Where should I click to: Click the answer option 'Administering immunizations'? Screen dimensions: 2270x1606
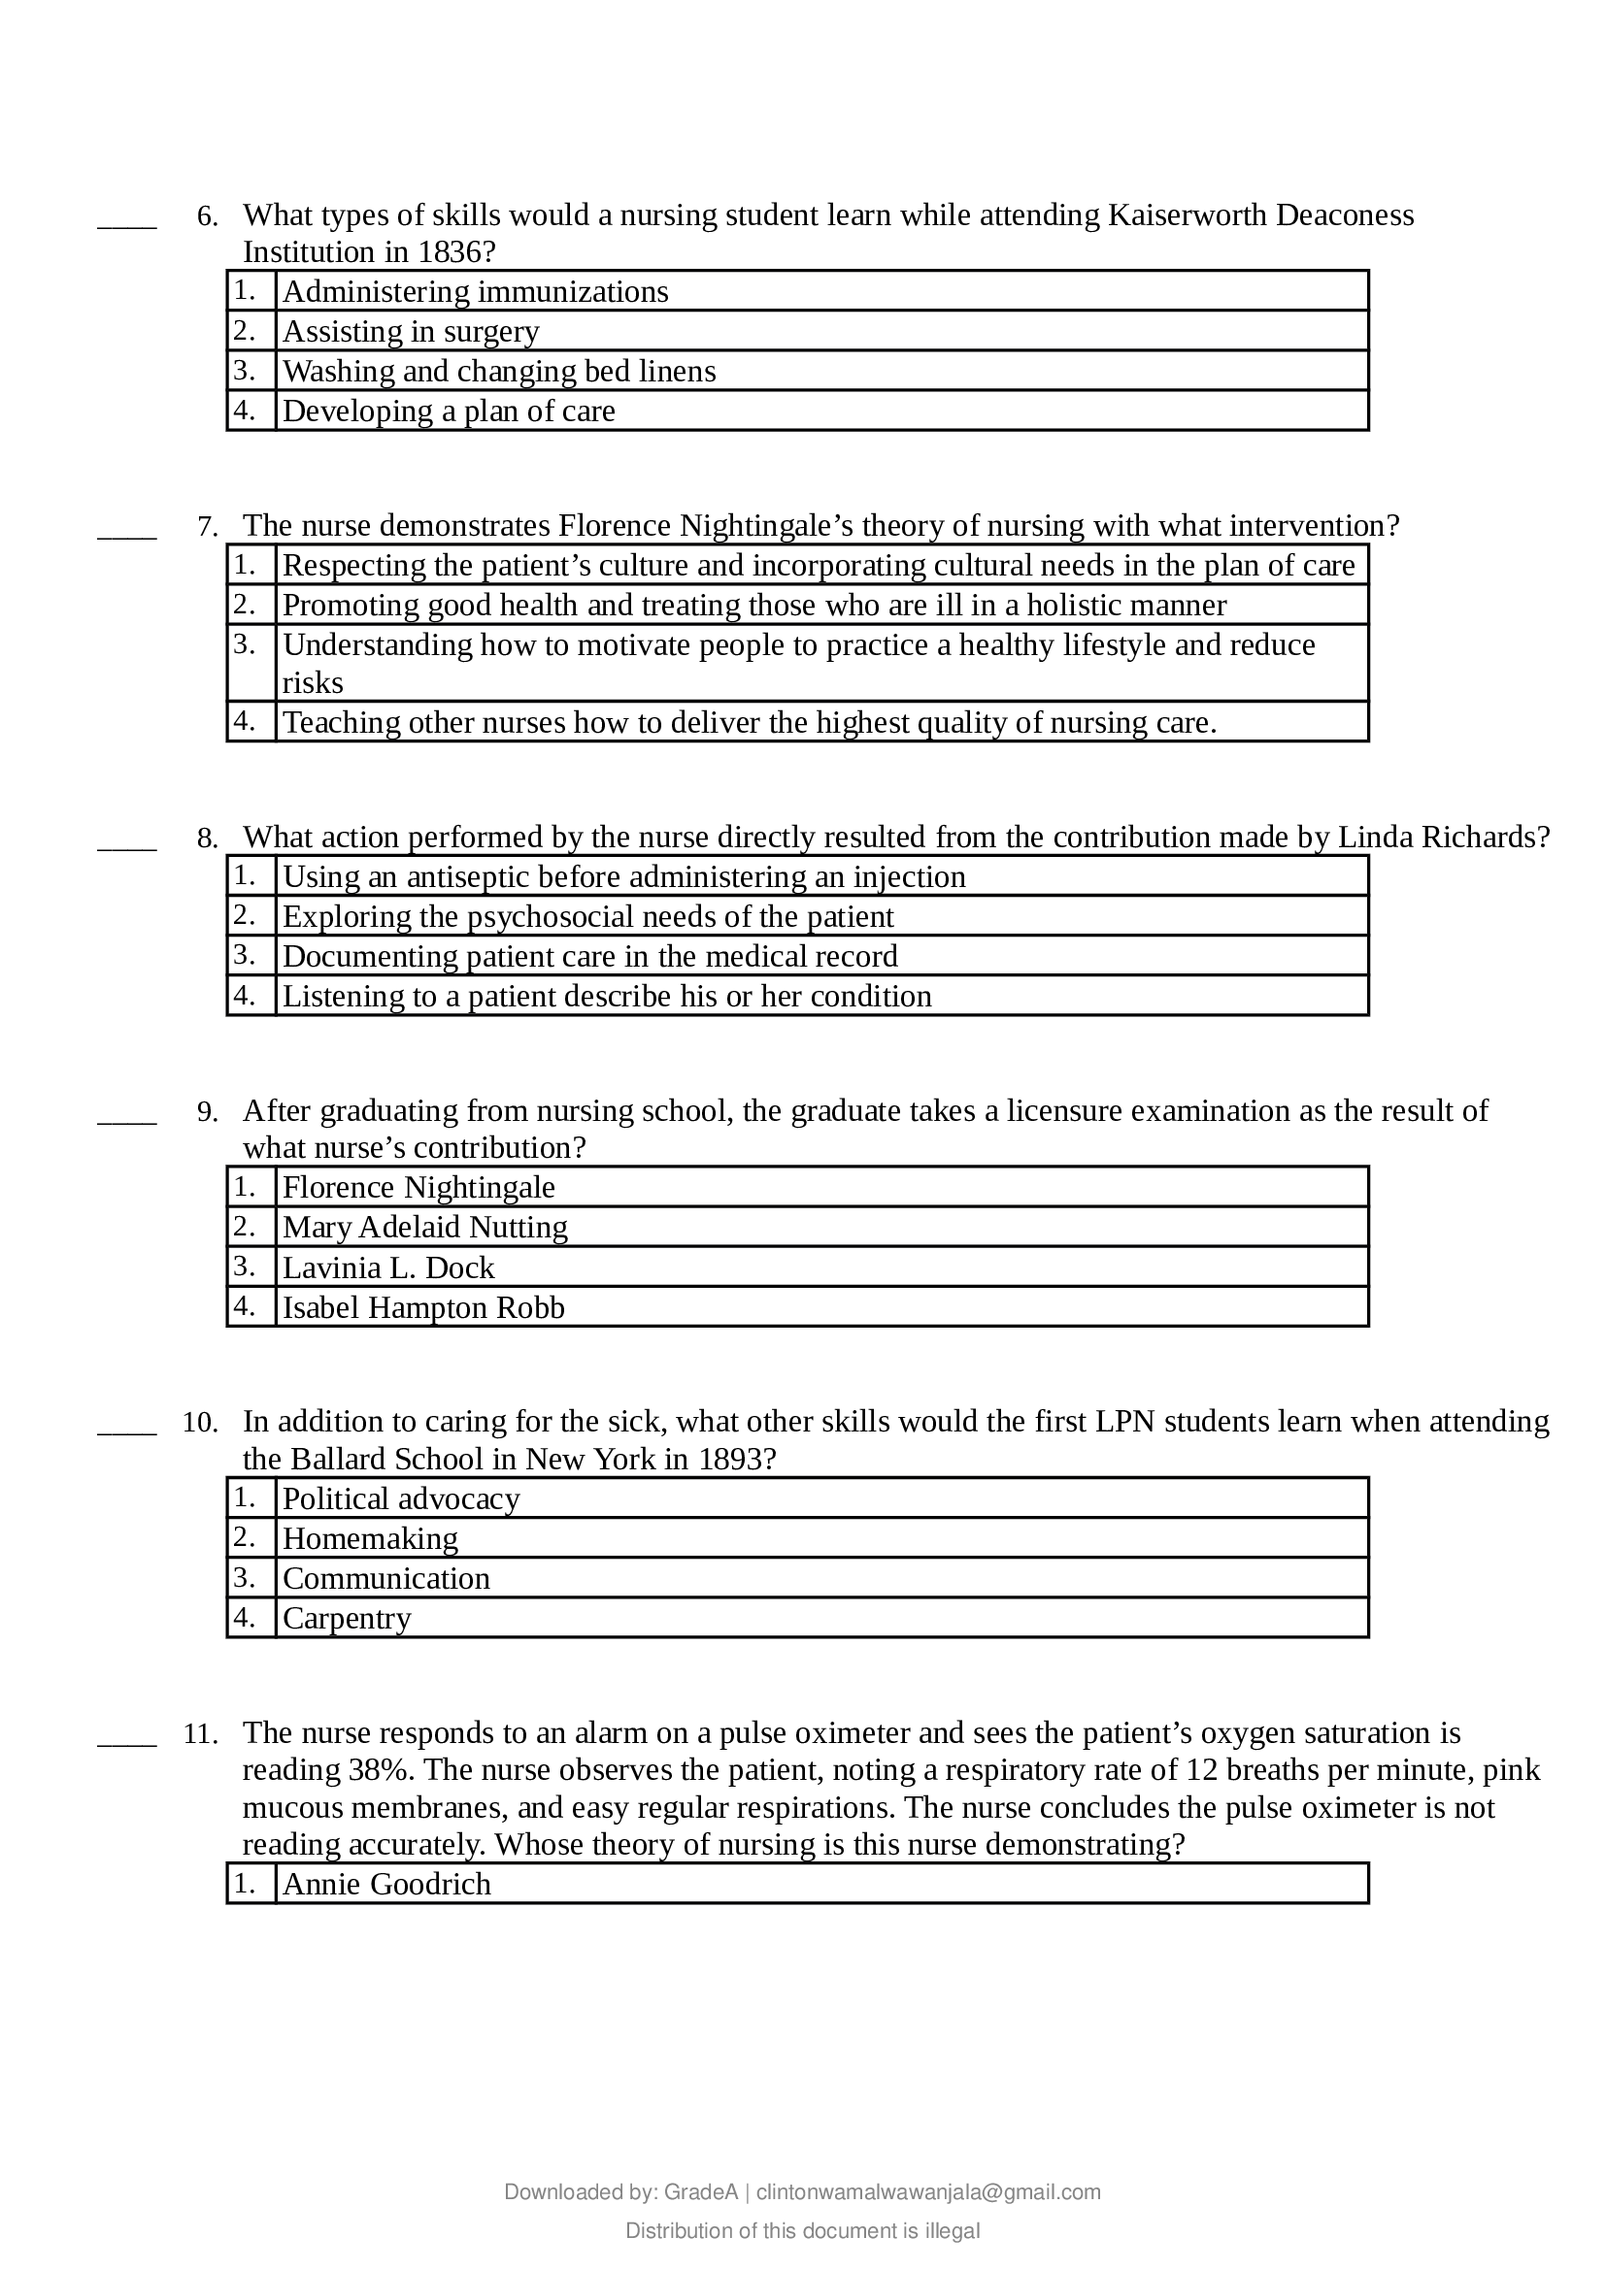click(475, 292)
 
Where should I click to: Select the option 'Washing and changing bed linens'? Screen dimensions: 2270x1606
click(498, 371)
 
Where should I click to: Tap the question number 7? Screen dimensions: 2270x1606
click(208, 527)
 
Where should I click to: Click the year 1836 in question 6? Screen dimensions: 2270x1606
click(451, 252)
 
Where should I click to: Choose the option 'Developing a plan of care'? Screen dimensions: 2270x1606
click(448, 411)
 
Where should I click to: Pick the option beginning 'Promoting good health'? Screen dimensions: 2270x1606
click(753, 605)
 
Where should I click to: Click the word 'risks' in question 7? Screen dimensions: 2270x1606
click(313, 683)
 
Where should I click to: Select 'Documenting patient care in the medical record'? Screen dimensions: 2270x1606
click(589, 956)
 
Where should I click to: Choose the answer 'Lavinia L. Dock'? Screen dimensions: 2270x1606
click(387, 1267)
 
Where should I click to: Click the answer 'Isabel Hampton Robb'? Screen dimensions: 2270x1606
click(423, 1308)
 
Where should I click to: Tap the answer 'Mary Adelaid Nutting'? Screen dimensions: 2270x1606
click(425, 1227)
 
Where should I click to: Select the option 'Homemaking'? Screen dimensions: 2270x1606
click(370, 1538)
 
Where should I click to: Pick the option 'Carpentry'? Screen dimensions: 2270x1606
click(346, 1619)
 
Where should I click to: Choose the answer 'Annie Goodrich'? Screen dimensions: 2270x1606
click(386, 1885)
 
